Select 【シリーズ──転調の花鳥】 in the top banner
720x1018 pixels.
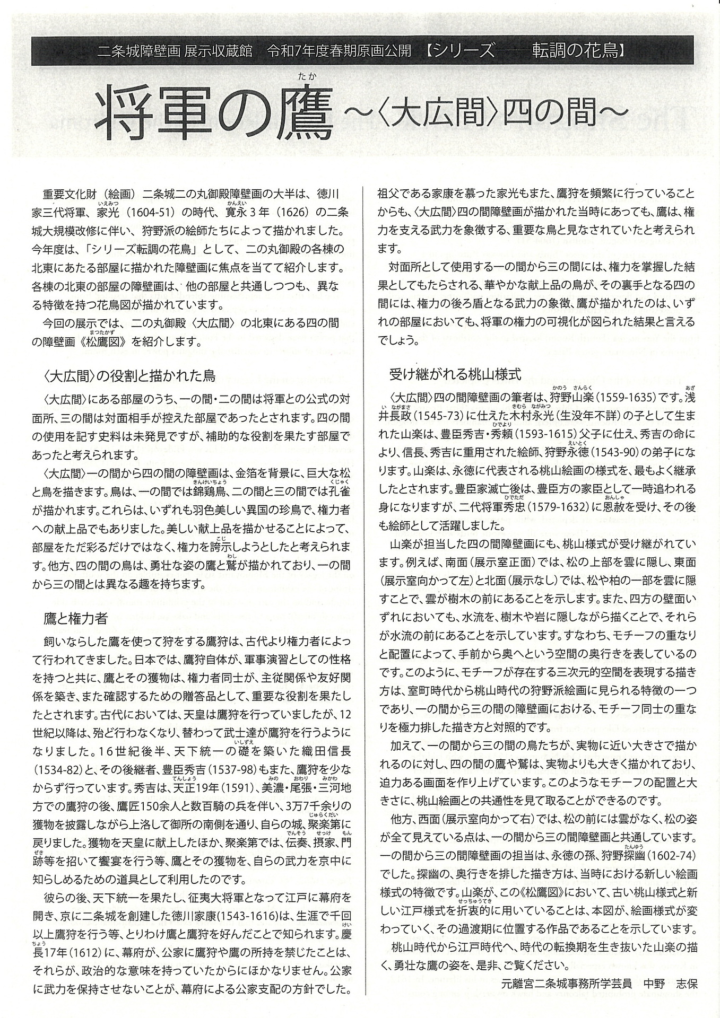click(527, 51)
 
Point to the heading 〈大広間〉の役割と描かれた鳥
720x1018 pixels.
click(129, 376)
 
